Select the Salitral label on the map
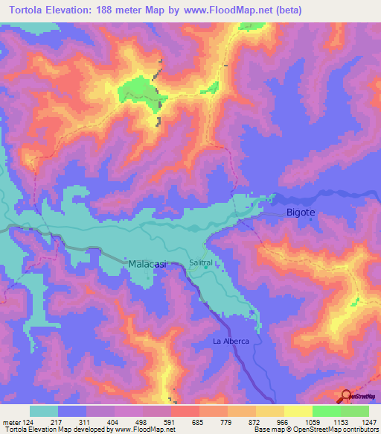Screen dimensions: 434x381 click(201, 263)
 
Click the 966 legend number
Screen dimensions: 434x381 click(284, 421)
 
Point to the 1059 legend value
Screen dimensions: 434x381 click(312, 421)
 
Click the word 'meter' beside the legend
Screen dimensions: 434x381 click(11, 421)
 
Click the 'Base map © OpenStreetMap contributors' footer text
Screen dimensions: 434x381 click(316, 430)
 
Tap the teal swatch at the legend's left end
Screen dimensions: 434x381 click(44, 411)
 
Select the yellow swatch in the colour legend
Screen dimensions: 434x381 click(298, 411)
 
